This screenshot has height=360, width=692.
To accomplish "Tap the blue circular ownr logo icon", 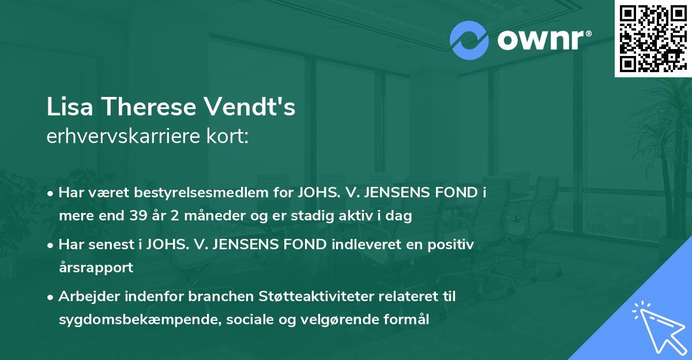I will coord(469,40).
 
